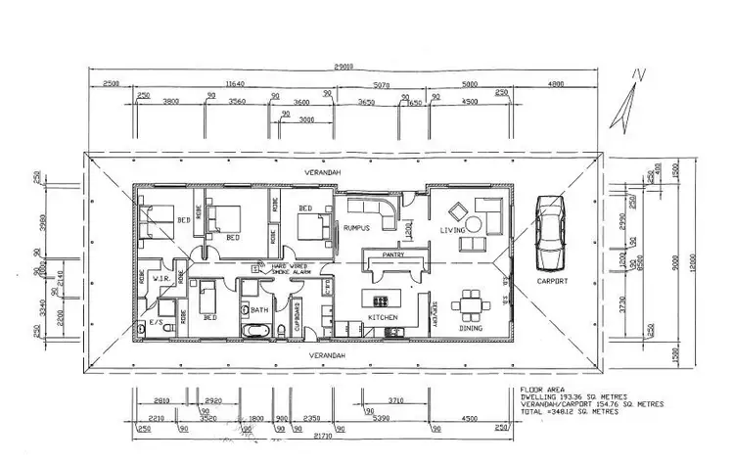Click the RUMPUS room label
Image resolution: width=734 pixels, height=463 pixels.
click(356, 228)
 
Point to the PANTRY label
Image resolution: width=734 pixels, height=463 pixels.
click(394, 254)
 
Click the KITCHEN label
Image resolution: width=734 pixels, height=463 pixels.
click(381, 319)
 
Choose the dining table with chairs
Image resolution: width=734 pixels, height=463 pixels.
click(473, 304)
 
